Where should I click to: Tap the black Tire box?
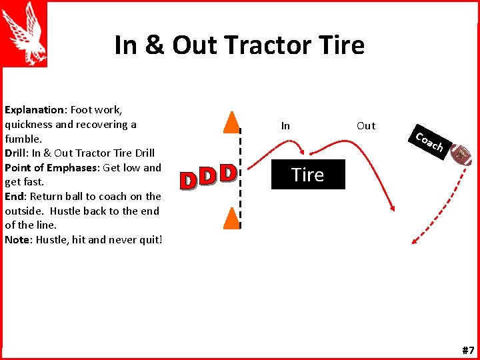308,175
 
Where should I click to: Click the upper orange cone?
231,121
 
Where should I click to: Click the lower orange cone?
231,219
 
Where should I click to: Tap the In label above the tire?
285,125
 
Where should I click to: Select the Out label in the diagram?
366,125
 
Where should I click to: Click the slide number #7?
468,350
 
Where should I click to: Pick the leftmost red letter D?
189,179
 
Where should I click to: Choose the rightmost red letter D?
229,174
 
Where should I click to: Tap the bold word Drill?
18,153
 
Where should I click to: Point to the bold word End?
15,197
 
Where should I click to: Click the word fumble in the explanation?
23,139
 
